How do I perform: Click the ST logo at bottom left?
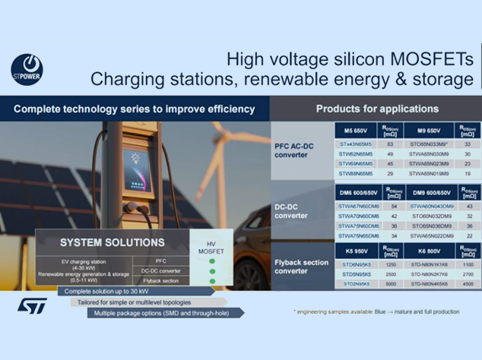click(32, 306)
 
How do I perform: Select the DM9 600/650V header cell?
click(430, 191)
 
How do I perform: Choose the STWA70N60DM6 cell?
click(358, 216)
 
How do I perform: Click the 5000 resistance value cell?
click(391, 283)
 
